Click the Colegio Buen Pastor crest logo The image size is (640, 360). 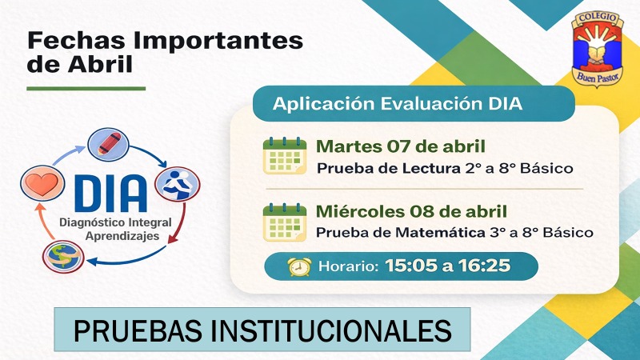tap(598, 49)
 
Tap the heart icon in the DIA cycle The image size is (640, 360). tap(42, 183)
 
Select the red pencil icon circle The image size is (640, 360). tap(109, 145)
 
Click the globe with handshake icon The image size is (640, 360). tap(63, 257)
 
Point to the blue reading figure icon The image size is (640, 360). tap(178, 184)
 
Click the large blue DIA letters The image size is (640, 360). tap(110, 194)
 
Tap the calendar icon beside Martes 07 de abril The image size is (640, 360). tap(285, 155)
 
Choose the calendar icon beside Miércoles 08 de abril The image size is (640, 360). tap(285, 222)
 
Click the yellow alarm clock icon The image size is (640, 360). tap(299, 266)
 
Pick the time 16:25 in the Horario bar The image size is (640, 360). tap(484, 266)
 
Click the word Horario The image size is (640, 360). tap(348, 266)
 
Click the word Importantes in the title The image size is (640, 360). tap(218, 42)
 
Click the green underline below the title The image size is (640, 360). tap(86, 88)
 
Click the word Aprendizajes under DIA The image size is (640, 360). tap(122, 236)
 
